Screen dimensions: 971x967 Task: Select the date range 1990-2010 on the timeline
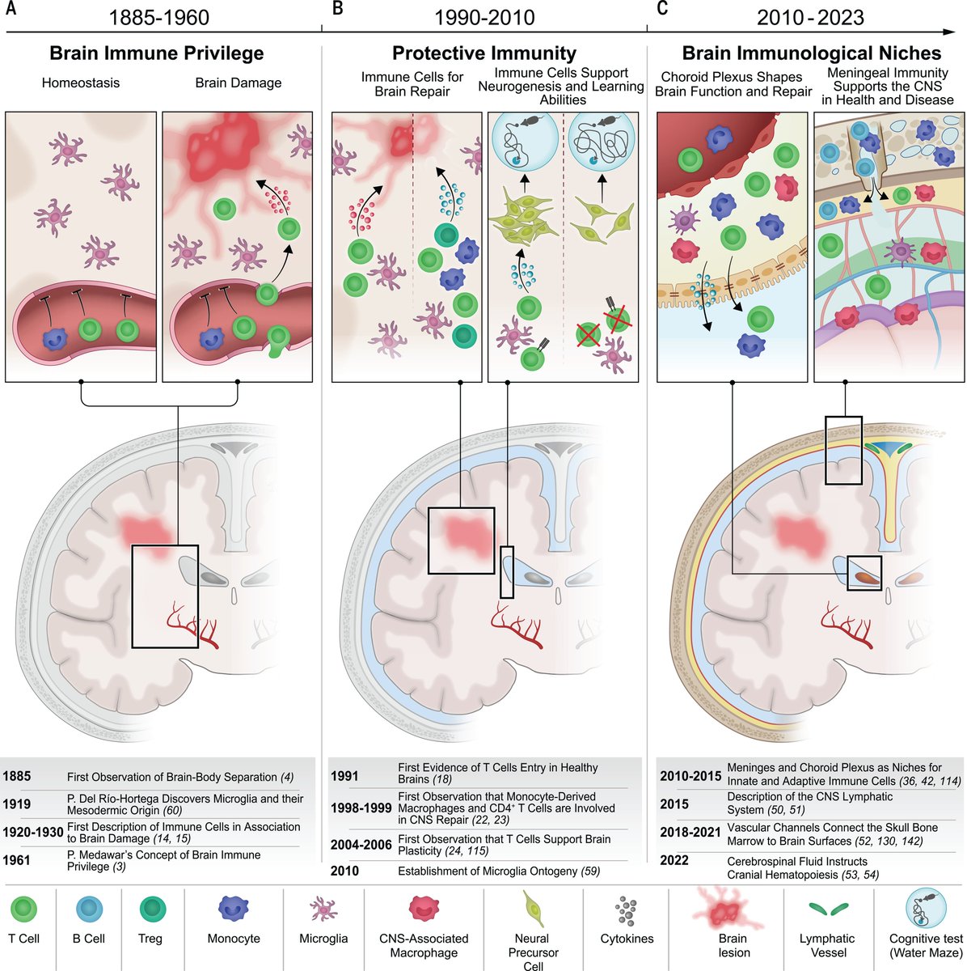(484, 16)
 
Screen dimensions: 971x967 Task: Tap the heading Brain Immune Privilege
(157, 53)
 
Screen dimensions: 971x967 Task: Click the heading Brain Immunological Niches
(811, 53)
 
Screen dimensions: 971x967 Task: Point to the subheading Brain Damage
(239, 83)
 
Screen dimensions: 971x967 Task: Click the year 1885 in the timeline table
(17, 777)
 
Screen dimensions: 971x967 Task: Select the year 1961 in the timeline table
(17, 860)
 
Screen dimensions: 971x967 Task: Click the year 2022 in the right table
(674, 861)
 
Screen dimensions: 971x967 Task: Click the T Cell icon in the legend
(24, 910)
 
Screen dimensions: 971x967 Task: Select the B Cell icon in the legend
(89, 910)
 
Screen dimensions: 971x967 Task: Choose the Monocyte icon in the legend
(234, 908)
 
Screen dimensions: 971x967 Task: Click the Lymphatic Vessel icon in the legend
(826, 910)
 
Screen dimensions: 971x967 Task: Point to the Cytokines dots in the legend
(626, 910)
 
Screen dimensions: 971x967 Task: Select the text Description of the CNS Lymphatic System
(798, 804)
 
